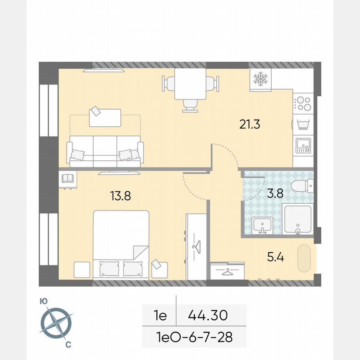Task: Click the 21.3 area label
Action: [250, 124]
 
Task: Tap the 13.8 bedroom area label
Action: [120, 195]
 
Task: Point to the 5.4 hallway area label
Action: [275, 257]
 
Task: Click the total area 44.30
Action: [208, 315]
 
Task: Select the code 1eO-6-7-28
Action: [194, 336]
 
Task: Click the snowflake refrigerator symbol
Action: [260, 79]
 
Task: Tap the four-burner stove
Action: [303, 103]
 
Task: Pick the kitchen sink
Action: [302, 145]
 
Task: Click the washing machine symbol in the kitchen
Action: [303, 124]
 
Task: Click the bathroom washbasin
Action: [262, 225]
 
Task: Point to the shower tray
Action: [297, 219]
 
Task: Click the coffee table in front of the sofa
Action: [105, 117]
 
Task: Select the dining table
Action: [190, 84]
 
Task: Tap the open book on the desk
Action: [67, 179]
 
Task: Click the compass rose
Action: [56, 323]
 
